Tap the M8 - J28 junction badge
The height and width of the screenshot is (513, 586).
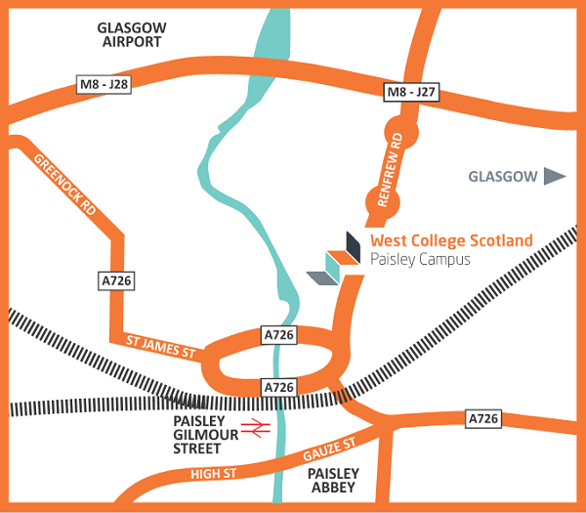pyautogui.click(x=104, y=86)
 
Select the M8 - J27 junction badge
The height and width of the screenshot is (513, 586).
pyautogui.click(x=410, y=93)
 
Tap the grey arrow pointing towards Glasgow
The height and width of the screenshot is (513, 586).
pyautogui.click(x=555, y=177)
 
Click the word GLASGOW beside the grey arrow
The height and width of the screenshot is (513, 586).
pyautogui.click(x=503, y=177)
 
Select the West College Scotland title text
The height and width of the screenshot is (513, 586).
pyautogui.click(x=451, y=240)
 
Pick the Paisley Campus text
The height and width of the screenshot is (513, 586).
pyautogui.click(x=420, y=260)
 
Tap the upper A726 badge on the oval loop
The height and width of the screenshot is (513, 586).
pyautogui.click(x=280, y=335)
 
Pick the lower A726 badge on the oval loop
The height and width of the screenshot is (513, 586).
pyautogui.click(x=280, y=388)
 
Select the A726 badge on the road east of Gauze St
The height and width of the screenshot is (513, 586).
pyautogui.click(x=482, y=418)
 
